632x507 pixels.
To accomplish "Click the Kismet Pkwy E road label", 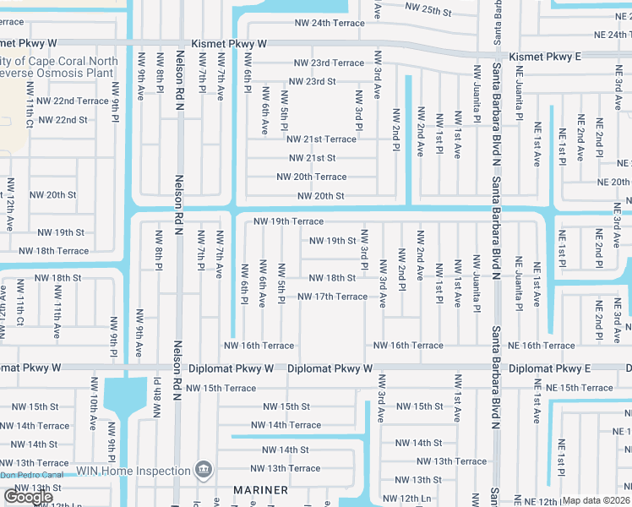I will [547, 56].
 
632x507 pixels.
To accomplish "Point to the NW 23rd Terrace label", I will [329, 63].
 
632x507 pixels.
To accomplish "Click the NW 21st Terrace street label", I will [321, 139].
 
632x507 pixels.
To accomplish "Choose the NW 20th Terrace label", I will [311, 177].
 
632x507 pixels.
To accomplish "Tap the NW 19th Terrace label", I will [288, 221].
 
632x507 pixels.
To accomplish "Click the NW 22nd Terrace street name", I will [57, 101].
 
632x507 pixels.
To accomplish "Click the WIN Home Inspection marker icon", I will [203, 469].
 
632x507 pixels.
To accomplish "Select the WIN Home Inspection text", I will [133, 471].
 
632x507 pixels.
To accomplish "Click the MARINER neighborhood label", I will [259, 490].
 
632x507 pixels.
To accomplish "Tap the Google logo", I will [28, 497].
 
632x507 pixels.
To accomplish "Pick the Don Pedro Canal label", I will [32, 475].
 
